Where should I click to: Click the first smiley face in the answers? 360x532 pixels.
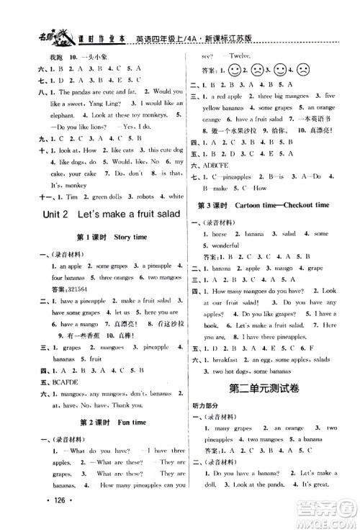click(x=235, y=72)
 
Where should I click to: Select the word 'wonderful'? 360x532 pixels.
click(x=230, y=255)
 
